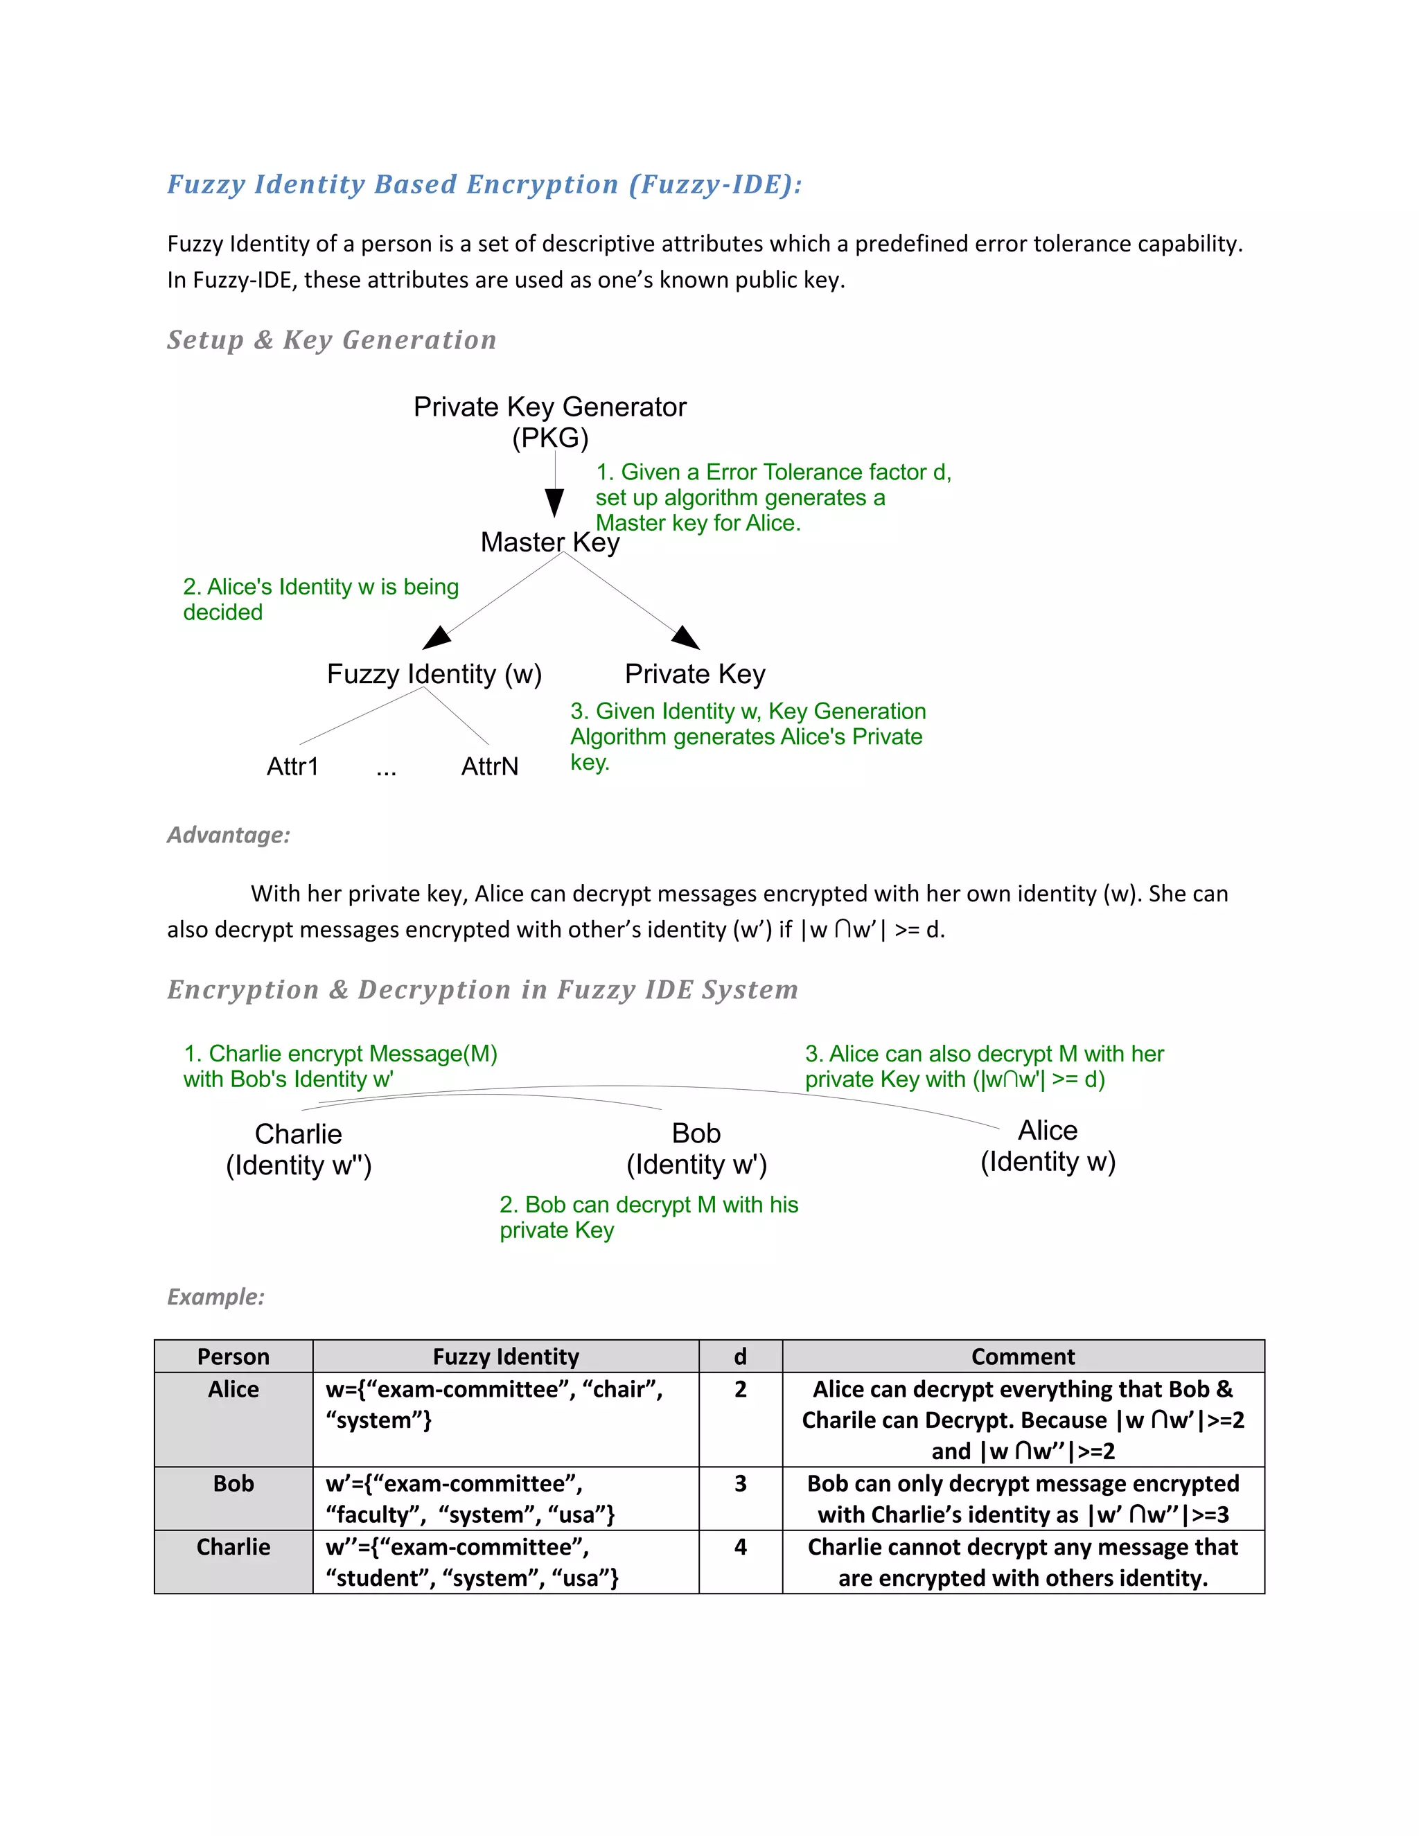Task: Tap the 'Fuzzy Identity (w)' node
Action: point(434,673)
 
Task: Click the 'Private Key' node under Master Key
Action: point(694,673)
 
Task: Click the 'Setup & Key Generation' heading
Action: point(331,339)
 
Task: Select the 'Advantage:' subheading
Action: point(229,835)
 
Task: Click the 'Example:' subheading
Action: point(216,1296)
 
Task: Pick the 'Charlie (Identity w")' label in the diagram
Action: point(299,1149)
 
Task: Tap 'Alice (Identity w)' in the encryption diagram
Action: point(1048,1145)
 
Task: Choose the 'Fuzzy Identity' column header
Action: point(505,1356)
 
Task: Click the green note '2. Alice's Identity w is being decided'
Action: point(320,599)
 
